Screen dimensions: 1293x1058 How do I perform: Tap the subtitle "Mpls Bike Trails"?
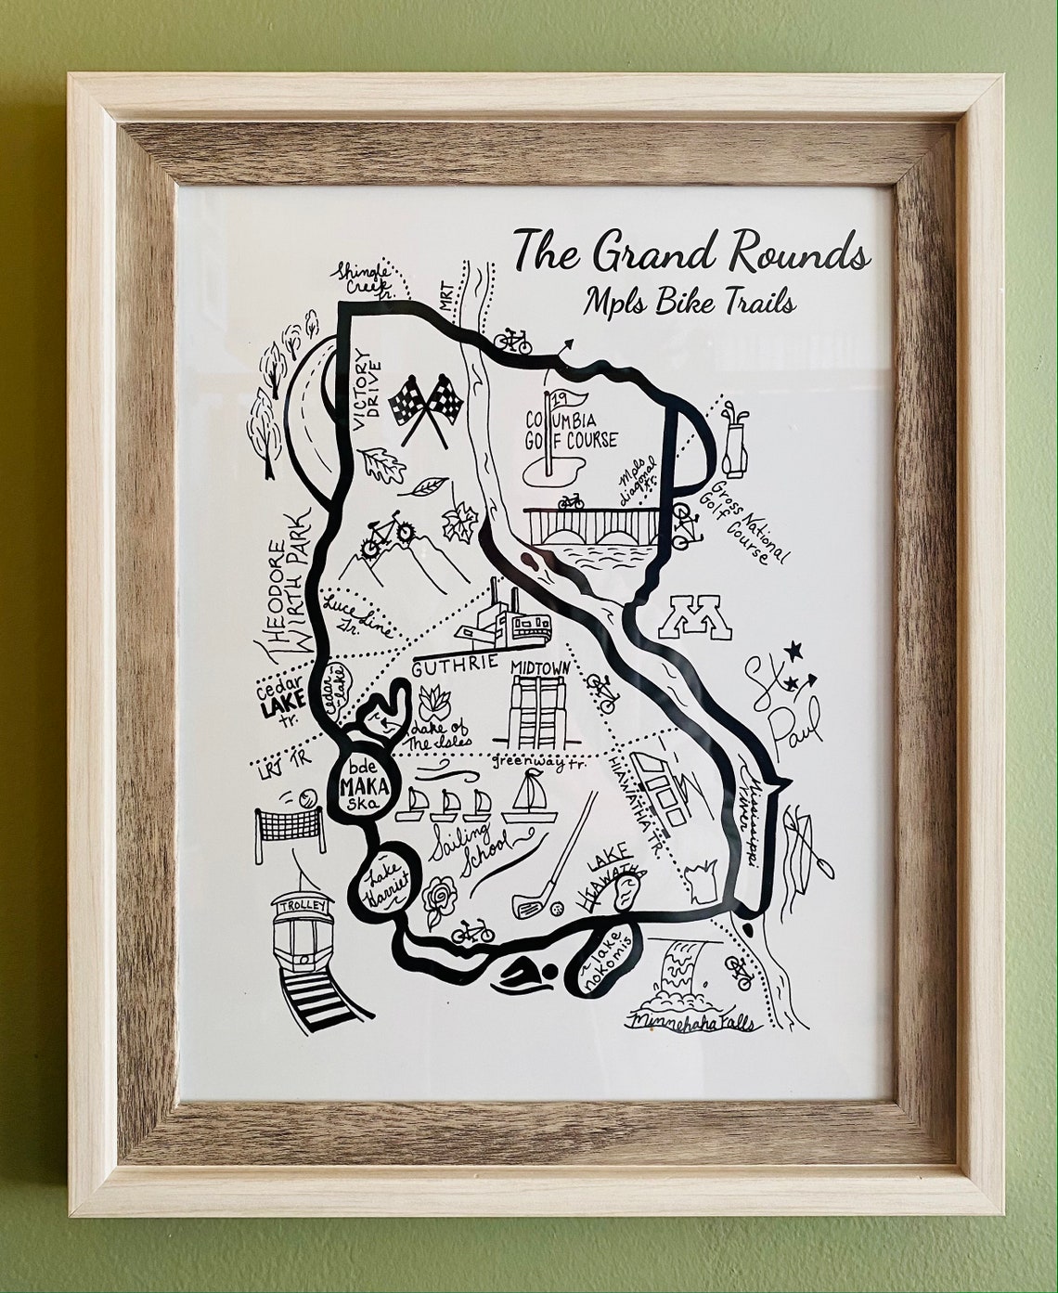(690, 302)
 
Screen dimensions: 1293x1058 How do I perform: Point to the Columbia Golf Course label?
(571, 429)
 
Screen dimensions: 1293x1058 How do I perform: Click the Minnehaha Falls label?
(691, 1023)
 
